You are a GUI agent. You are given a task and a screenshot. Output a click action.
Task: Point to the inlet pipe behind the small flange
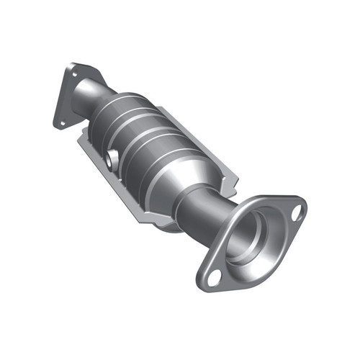click(x=97, y=94)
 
